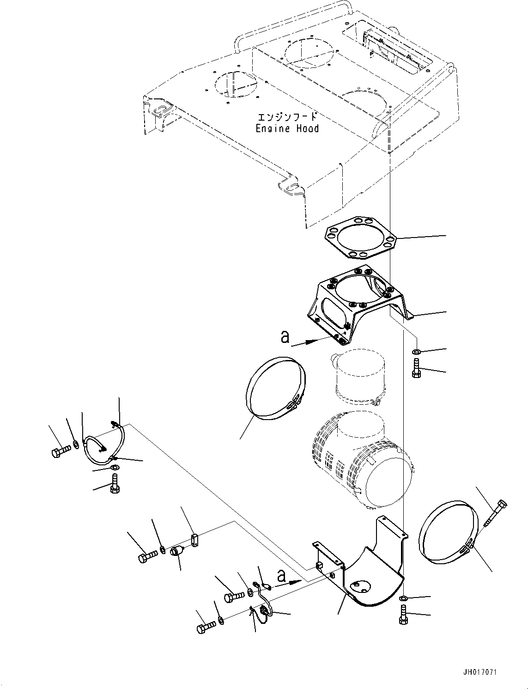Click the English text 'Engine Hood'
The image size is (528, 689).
pos(287,128)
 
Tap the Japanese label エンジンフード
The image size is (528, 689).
pos(287,117)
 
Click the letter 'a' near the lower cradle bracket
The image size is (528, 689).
pos(281,575)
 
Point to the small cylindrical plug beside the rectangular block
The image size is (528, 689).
pos(177,550)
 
